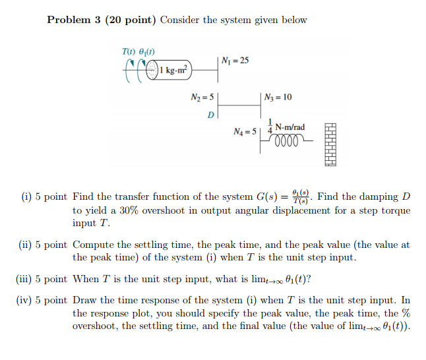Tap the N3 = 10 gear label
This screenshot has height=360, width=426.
click(278, 98)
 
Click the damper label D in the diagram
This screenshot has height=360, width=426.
click(210, 115)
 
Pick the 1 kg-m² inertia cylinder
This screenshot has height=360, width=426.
click(173, 69)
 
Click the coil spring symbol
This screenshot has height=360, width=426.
click(288, 140)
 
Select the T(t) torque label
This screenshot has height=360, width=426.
click(129, 51)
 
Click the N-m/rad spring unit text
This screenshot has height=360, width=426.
click(290, 127)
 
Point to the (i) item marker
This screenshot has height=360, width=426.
click(26, 196)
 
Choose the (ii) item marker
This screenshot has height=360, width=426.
click(27, 245)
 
